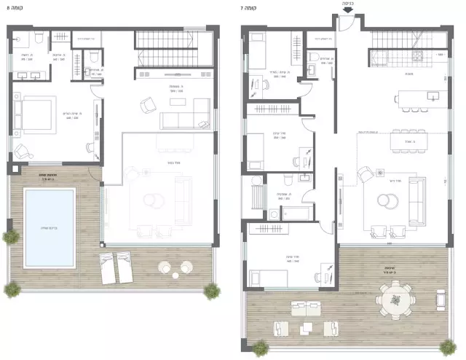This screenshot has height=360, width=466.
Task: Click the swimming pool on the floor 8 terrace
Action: click(49, 227)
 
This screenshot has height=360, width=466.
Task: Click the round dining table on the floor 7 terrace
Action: click(395, 299)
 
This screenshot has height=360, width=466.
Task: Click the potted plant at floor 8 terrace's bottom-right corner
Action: click(211, 291)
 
